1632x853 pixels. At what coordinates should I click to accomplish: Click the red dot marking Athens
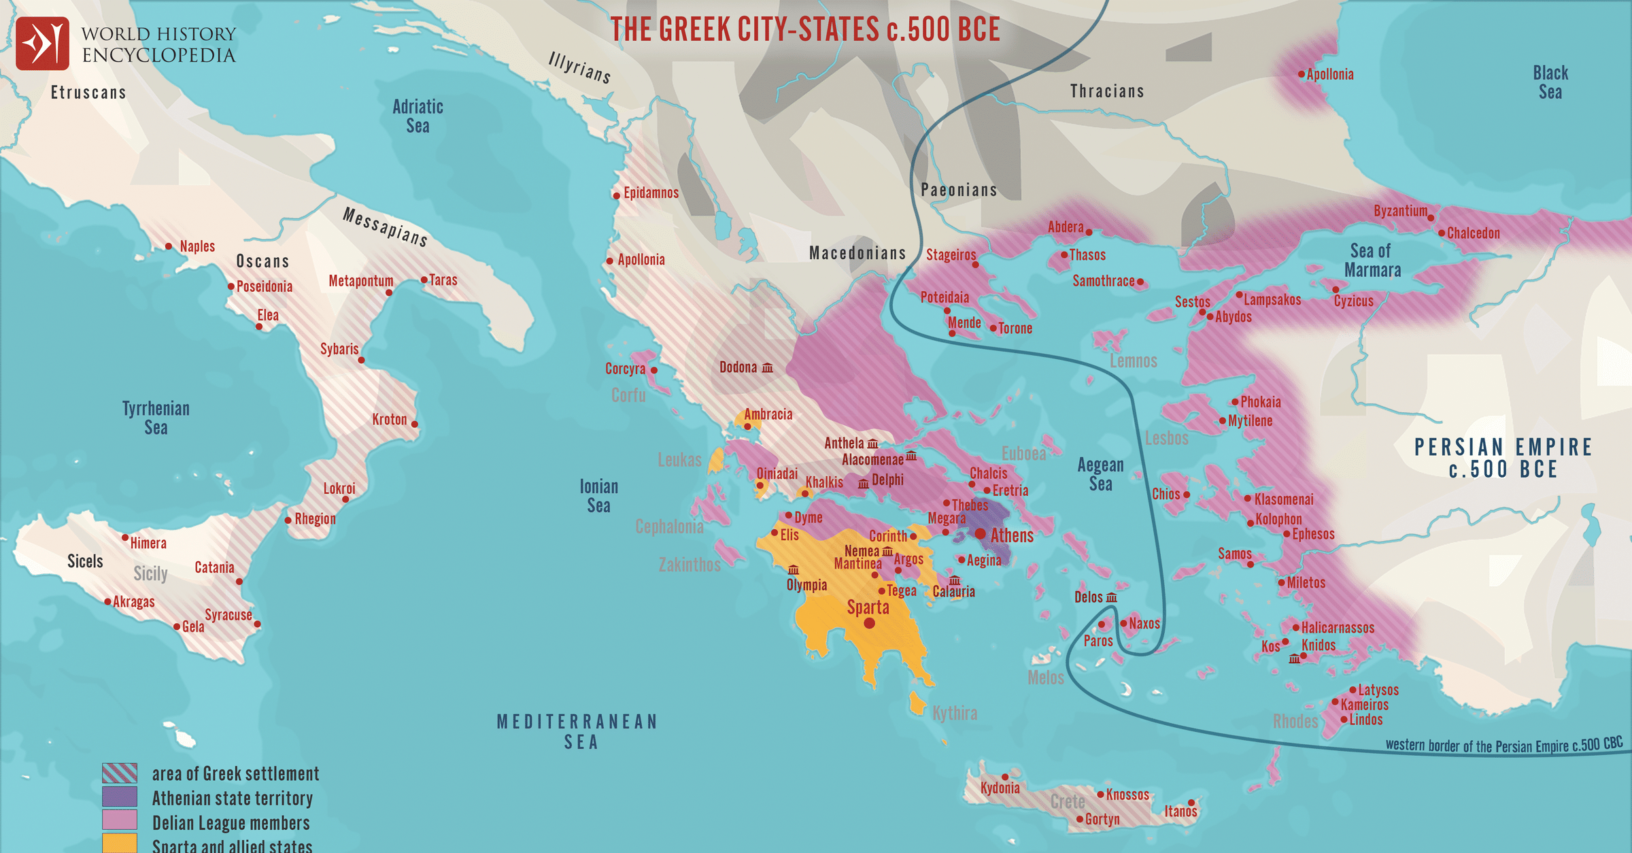coord(980,534)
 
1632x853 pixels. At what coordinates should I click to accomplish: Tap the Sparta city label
coord(868,607)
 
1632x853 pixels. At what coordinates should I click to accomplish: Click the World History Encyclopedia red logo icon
coord(42,44)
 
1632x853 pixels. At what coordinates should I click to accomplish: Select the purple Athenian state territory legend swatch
coord(120,797)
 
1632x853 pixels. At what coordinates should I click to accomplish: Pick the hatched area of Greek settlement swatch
coord(120,773)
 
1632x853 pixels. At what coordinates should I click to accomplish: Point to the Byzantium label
coord(1400,211)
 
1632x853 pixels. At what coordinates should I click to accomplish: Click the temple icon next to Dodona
coord(767,368)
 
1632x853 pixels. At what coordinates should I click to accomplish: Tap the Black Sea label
coord(1550,82)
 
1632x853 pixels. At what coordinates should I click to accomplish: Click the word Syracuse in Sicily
coord(228,615)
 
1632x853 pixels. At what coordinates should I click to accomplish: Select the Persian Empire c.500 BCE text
coord(1503,458)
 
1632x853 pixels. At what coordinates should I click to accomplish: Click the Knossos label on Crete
coord(1127,795)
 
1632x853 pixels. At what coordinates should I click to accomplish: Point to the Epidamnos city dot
coord(616,196)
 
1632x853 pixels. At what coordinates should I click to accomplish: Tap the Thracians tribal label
coord(1106,91)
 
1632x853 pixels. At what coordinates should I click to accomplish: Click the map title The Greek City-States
coord(805,30)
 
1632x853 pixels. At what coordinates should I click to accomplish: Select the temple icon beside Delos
coord(1112,598)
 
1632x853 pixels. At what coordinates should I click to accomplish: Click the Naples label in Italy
coord(197,246)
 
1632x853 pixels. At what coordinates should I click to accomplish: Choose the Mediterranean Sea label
coord(578,731)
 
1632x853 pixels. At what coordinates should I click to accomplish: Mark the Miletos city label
coord(1306,583)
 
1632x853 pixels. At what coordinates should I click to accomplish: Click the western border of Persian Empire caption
coord(1503,745)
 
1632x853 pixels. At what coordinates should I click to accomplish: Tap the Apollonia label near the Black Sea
coord(1329,75)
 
